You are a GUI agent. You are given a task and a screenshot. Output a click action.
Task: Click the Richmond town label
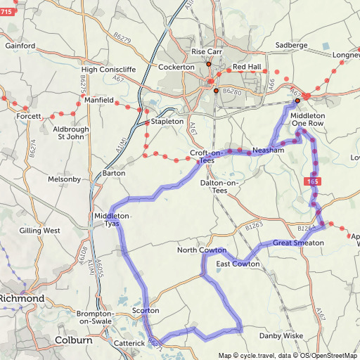(22, 299)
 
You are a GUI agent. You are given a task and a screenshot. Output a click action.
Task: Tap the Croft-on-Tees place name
(207, 157)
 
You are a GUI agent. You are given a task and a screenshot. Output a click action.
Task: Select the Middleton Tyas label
(112, 219)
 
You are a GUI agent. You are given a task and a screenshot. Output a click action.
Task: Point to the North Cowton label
(202, 250)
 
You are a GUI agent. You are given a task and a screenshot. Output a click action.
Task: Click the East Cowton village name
(238, 264)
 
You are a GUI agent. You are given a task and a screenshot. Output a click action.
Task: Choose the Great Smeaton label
(298, 243)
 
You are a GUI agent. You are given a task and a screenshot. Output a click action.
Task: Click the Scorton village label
(146, 310)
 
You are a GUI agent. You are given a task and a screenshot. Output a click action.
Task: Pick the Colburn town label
(73, 340)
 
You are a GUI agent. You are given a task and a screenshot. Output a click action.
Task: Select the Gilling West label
(40, 230)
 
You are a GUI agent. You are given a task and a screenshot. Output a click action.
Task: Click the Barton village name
(114, 172)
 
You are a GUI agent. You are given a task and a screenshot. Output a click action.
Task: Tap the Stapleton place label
(167, 122)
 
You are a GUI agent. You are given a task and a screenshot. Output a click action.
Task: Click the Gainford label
(20, 46)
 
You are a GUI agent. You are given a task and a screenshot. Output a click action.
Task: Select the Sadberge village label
(292, 45)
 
